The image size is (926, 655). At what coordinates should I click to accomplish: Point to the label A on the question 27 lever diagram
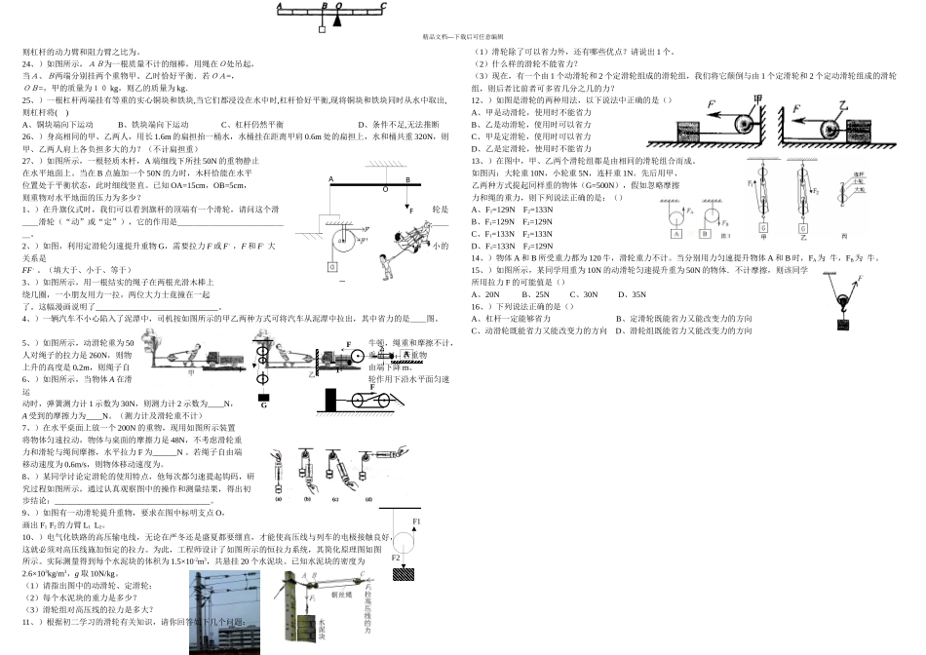(x=330, y=179)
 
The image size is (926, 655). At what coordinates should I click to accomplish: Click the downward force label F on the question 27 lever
(x=411, y=210)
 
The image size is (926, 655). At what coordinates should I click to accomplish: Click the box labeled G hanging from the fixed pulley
(x=332, y=267)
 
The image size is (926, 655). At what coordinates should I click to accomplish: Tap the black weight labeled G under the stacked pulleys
(x=264, y=397)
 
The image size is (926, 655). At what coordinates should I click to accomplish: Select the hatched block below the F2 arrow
(x=404, y=574)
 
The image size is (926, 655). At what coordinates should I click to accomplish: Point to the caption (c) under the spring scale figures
(x=335, y=499)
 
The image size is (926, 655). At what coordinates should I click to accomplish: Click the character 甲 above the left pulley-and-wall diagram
(x=756, y=98)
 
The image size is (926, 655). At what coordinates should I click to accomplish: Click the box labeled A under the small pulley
(x=675, y=233)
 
